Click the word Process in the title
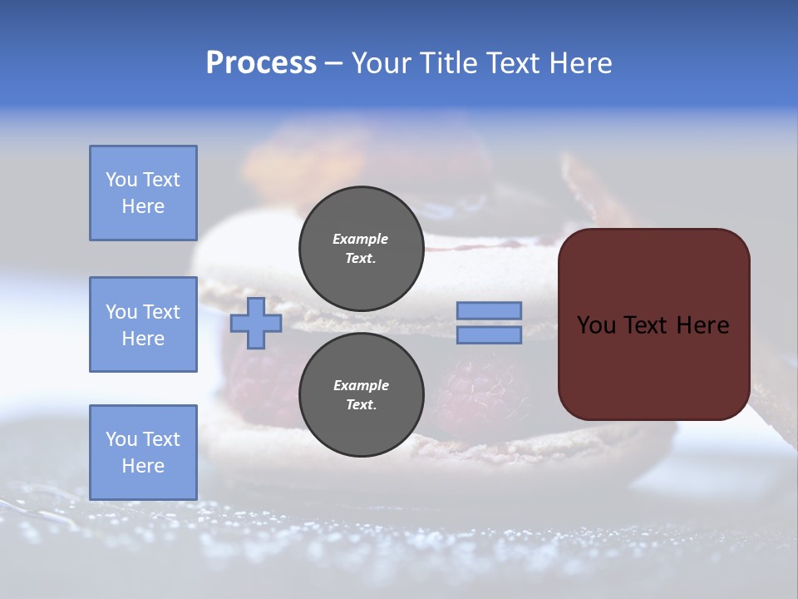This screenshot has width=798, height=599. [261, 63]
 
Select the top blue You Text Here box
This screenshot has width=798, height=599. [143, 193]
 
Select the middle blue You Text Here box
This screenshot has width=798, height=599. [143, 324]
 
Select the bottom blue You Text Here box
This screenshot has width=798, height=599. [143, 453]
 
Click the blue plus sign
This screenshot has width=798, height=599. [256, 323]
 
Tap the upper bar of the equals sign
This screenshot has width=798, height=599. [489, 310]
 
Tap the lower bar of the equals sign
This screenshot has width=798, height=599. [489, 335]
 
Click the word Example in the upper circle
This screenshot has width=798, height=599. [361, 239]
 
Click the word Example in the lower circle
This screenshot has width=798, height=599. [361, 385]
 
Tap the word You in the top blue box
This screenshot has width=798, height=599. [121, 180]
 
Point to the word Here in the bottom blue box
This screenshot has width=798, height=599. [143, 466]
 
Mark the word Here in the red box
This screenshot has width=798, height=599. [702, 325]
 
